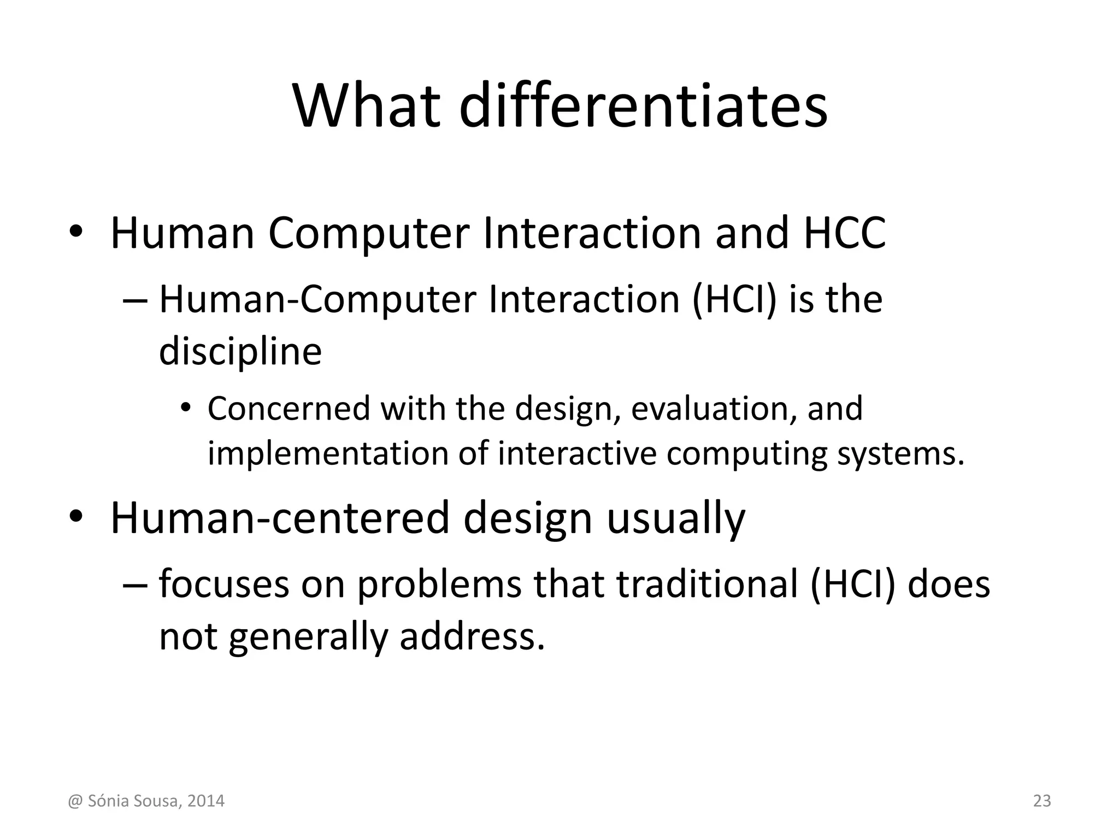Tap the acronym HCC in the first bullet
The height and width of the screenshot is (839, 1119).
pos(844,233)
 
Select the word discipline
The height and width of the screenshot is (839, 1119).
pos(240,351)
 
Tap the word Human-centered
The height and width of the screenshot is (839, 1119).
pos(280,518)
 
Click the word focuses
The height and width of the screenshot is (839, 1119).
pos(223,584)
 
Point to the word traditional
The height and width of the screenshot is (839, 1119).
pos(707,584)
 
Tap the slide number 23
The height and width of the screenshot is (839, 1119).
pos(1042,801)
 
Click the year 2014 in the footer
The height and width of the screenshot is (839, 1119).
pos(205,801)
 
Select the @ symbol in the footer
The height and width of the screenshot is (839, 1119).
pos(74,801)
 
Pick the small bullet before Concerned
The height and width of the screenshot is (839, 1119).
pos(186,408)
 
